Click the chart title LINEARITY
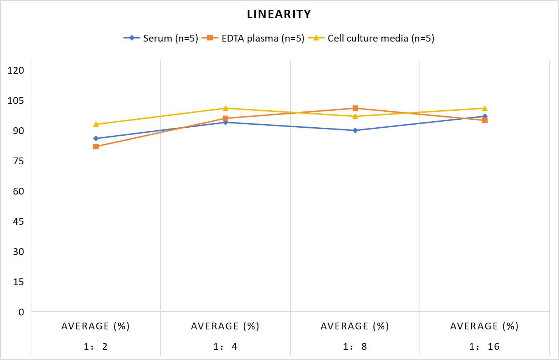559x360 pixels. point(279,14)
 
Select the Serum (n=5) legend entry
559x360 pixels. point(161,38)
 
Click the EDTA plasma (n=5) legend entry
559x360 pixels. point(253,38)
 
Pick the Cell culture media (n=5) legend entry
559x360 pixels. point(371,38)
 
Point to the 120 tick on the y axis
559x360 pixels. point(16,70)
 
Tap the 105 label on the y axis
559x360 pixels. point(16,100)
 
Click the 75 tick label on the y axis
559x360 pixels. point(19,161)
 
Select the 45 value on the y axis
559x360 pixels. point(19,221)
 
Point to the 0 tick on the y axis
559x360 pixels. point(21,312)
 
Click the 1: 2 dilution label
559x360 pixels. point(96,346)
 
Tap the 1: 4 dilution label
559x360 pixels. point(225,346)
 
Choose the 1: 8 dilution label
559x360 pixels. point(355,346)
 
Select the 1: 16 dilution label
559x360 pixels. point(485,346)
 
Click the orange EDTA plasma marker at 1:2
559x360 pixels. point(96,147)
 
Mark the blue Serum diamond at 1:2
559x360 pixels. point(96,139)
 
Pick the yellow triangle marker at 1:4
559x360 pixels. point(225,108)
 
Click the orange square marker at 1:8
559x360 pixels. point(355,108)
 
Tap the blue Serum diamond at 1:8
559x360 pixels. point(355,130)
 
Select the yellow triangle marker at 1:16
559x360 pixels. point(485,108)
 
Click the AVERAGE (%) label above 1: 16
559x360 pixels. point(485,326)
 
